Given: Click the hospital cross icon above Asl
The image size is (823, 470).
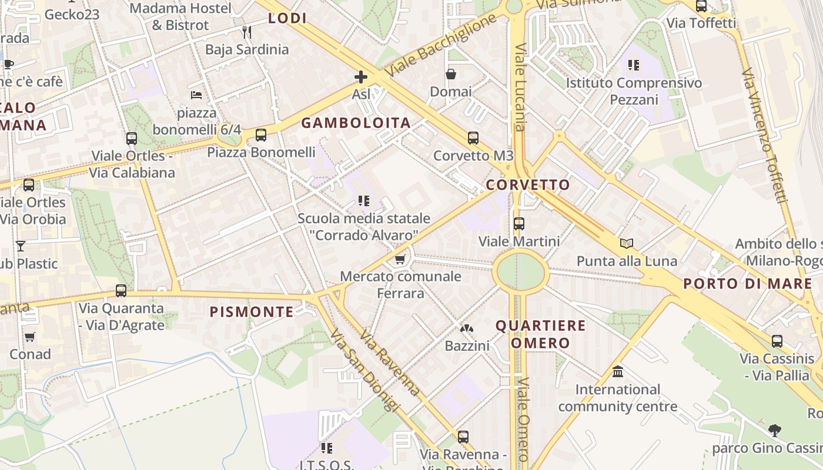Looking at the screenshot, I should click(361, 77).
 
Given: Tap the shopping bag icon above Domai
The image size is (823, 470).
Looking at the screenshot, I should click(451, 74).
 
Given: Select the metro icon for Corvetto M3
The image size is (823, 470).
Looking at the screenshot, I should click(473, 138).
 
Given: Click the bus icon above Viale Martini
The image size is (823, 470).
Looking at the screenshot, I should click(518, 224).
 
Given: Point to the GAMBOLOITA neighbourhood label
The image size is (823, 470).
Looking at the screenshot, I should click(356, 123).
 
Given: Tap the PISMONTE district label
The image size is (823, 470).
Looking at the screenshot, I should click(252, 312).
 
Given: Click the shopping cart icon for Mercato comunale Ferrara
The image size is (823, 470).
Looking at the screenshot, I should click(400, 259).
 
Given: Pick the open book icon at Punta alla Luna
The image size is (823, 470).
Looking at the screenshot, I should click(627, 243).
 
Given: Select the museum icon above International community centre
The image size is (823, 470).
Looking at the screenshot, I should click(618, 372).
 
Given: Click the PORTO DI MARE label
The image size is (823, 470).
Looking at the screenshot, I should click(747, 284).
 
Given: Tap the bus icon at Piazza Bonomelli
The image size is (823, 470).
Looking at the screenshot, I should click(261, 135).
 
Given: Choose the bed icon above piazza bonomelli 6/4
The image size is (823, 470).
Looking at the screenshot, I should click(196, 95).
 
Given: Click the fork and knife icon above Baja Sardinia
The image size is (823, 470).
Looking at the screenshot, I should click(247, 32).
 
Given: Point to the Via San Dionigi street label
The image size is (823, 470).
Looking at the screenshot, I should click(364, 370).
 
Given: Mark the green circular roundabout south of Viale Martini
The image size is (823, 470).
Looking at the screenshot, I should click(520, 271).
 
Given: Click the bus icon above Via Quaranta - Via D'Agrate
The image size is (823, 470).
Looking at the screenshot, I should click(121, 290).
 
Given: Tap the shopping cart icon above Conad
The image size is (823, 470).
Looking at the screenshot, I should click(30, 337).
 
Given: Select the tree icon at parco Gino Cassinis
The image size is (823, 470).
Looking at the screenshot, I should click(775, 431).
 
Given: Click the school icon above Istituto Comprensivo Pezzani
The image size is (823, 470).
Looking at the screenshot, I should click(633, 65).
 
